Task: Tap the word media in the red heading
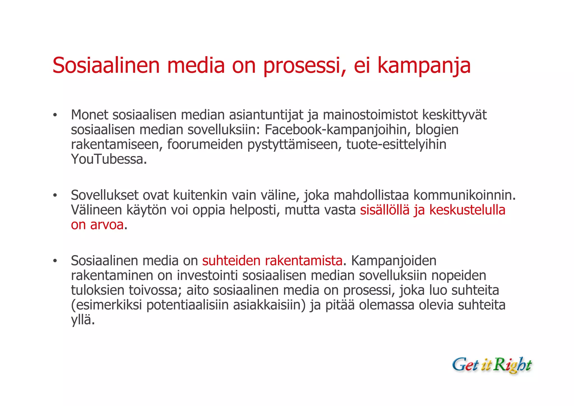pyautogui.click(x=196, y=66)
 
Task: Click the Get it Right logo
pyautogui.click(x=492, y=365)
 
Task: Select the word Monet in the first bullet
pyautogui.click(x=89, y=115)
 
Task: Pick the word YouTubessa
pyautogui.click(x=108, y=159)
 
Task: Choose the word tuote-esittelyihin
pyautogui.click(x=396, y=144)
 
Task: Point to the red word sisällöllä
pyautogui.click(x=385, y=210)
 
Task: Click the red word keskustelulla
pyautogui.click(x=467, y=210)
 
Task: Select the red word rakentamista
pyautogui.click(x=304, y=261)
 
